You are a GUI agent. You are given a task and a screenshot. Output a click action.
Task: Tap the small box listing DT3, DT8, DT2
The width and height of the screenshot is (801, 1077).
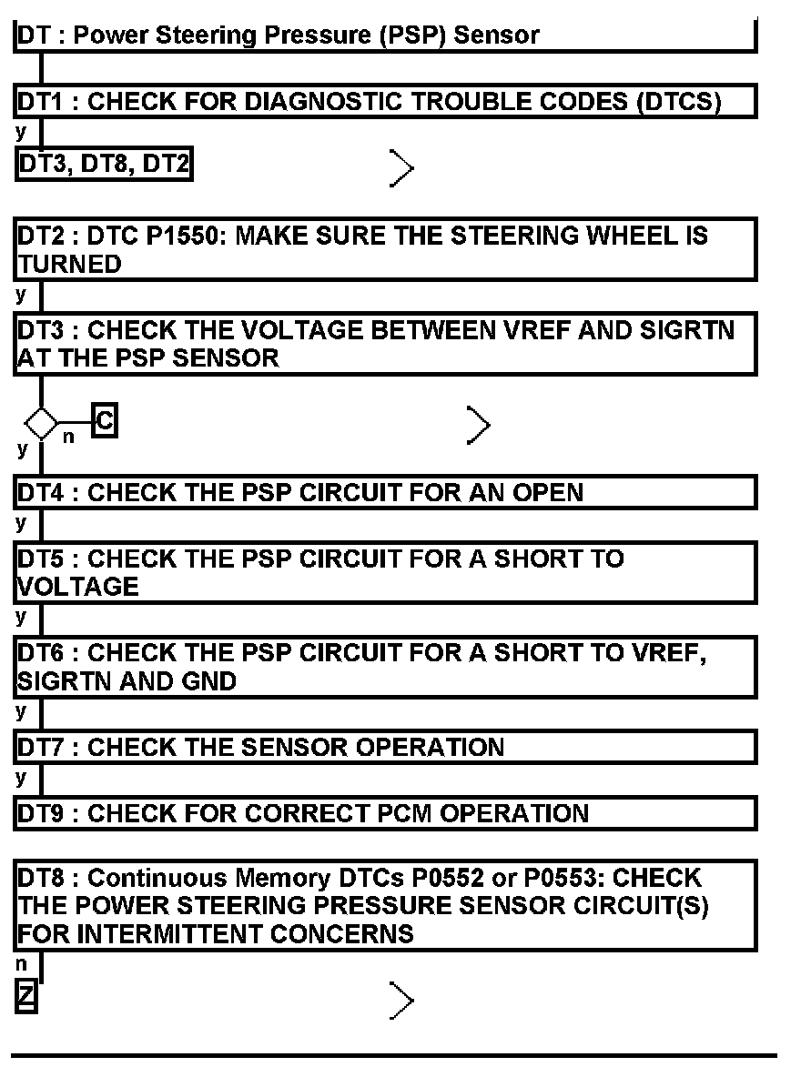point(105,166)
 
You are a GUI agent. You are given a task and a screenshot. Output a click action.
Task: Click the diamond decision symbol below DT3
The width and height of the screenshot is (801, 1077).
point(41,423)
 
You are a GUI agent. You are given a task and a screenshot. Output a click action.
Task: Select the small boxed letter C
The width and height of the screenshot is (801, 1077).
point(105,421)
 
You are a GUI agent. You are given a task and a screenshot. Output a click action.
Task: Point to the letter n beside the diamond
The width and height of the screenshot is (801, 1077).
point(68,438)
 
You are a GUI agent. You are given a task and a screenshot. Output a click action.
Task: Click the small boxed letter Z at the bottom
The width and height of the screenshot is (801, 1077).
point(26,998)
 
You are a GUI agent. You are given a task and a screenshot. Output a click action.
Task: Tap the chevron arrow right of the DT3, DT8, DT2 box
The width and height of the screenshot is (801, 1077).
point(401,167)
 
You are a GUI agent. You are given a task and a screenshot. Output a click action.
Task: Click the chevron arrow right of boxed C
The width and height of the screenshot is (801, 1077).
point(478,425)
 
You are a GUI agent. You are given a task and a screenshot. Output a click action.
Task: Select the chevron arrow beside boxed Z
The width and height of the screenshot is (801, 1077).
point(401,1001)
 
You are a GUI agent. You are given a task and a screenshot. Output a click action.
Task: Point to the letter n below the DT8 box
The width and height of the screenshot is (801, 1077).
point(22,964)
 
